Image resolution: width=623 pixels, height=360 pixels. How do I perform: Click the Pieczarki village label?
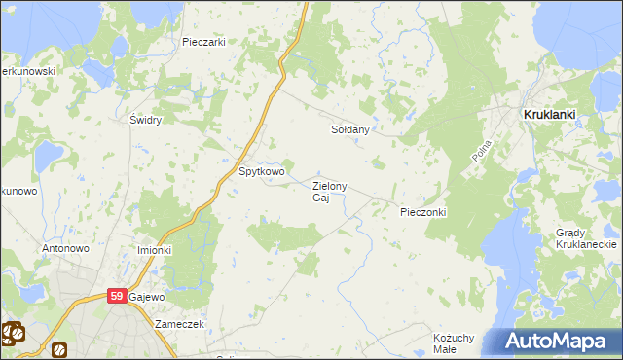point(203,42)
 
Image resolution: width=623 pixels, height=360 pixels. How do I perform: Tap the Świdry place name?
point(145,120)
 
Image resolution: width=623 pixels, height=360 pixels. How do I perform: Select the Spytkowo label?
point(262,172)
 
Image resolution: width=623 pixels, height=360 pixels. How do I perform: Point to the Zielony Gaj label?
point(329,191)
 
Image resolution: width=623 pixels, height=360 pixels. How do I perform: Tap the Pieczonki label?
point(422,211)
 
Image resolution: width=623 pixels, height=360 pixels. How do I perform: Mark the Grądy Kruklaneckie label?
point(582,239)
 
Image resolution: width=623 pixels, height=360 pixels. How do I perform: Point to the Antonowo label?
point(65,248)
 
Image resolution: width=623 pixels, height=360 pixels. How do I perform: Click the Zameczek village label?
point(178,324)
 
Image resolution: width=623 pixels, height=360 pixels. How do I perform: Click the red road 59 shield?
point(117,296)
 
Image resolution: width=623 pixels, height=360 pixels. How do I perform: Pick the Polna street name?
point(481,150)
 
